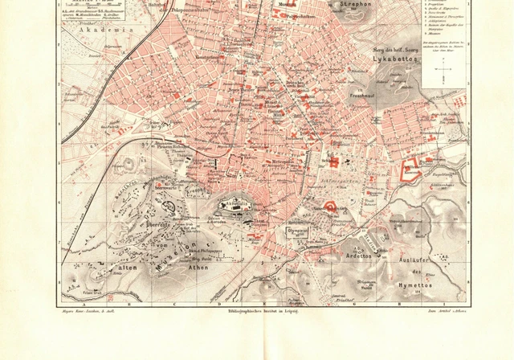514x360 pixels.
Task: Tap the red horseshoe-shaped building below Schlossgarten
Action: point(328,211)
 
